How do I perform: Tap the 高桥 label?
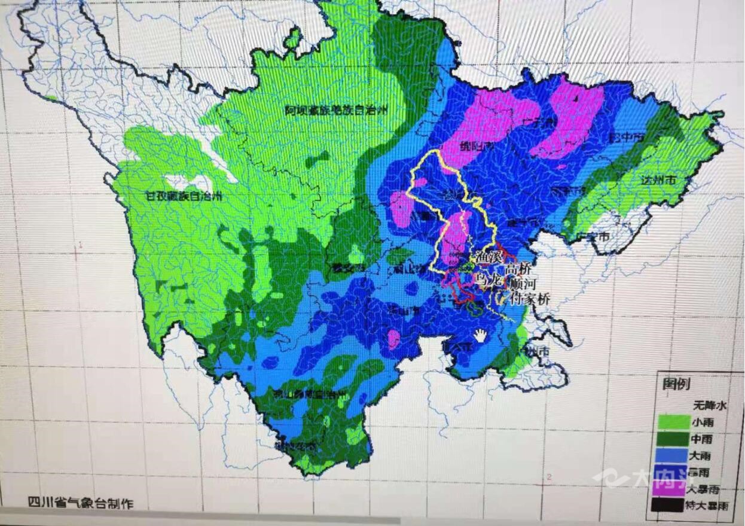(517, 269)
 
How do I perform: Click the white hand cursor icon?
(481, 335)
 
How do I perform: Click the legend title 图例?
(676, 384)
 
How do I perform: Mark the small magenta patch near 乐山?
(393, 339)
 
